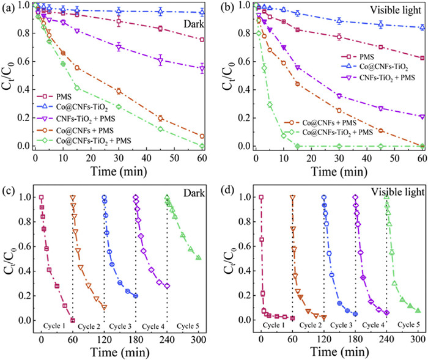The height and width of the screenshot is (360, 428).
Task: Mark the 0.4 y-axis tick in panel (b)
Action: click(244, 89)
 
